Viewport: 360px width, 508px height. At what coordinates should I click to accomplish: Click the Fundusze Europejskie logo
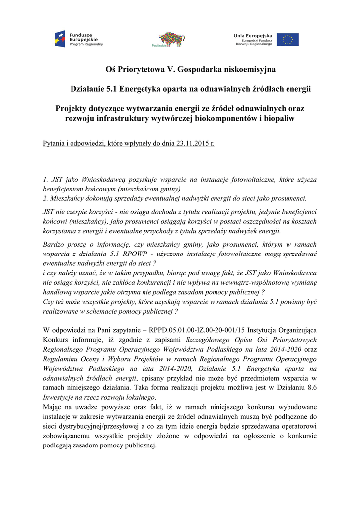point(79,38)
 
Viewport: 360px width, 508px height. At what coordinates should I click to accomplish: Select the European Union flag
point(288,39)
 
